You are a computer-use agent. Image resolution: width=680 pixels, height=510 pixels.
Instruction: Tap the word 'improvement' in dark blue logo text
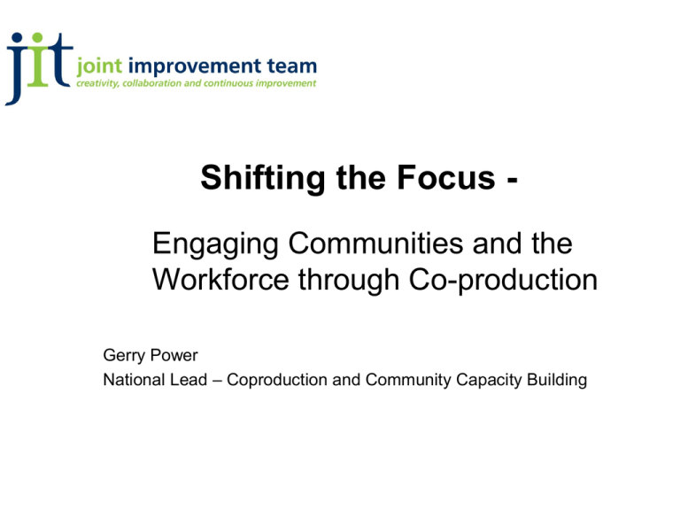pyautogui.click(x=195, y=67)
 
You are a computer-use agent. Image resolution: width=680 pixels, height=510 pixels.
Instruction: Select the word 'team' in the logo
pyautogui.click(x=292, y=66)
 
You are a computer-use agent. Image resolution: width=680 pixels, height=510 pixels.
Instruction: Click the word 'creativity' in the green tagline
pyautogui.click(x=97, y=83)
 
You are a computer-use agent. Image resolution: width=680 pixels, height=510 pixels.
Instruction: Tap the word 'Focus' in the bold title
pyautogui.click(x=446, y=177)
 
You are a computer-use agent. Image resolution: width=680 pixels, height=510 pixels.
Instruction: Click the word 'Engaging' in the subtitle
pyautogui.click(x=215, y=245)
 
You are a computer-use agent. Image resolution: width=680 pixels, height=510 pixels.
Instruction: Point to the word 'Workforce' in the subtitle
pyautogui.click(x=220, y=279)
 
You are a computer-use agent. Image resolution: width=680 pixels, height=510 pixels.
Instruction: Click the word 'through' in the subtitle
pyautogui.click(x=349, y=281)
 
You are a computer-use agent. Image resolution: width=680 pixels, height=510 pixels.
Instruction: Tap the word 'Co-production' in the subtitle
pyautogui.click(x=503, y=281)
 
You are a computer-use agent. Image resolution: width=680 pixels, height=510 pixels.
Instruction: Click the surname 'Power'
pyautogui.click(x=174, y=355)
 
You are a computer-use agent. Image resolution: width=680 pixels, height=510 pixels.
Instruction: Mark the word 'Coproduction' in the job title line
pyautogui.click(x=276, y=381)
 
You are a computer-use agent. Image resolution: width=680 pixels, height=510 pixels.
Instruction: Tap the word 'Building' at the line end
pyautogui.click(x=557, y=381)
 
